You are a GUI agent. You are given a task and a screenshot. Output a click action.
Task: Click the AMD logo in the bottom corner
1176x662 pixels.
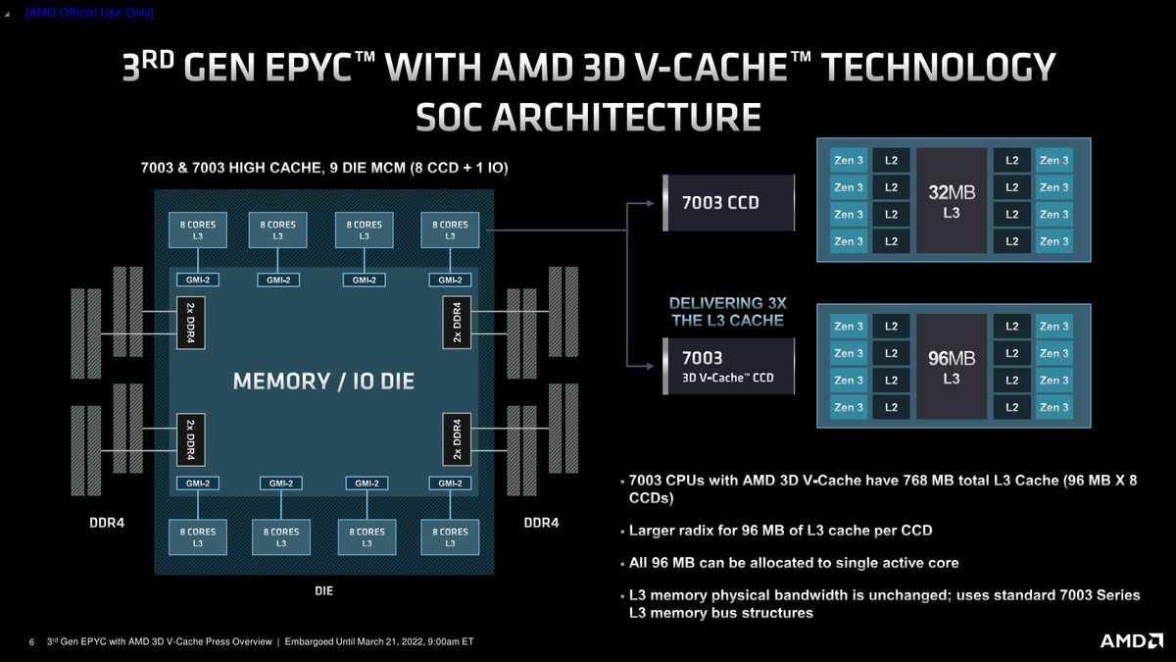pyautogui.click(x=1130, y=640)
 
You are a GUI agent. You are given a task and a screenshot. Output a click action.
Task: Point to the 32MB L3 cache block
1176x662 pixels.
pyautogui.click(x=951, y=200)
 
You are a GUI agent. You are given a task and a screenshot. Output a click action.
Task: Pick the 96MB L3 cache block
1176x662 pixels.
pyautogui.click(x=951, y=366)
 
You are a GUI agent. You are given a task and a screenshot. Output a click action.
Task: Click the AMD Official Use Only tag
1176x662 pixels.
pyautogui.click(x=89, y=13)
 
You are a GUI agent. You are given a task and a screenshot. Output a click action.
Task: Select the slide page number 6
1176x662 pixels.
pyautogui.click(x=31, y=642)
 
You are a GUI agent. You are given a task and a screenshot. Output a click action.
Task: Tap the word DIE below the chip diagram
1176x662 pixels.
pyautogui.click(x=323, y=590)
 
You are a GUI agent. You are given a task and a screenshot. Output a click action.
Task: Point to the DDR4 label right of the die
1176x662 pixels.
pyautogui.click(x=541, y=523)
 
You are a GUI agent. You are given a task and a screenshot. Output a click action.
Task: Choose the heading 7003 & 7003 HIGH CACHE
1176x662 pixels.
pyautogui.click(x=322, y=169)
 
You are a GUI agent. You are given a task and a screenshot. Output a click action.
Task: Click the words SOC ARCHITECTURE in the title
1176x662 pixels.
pyautogui.click(x=588, y=117)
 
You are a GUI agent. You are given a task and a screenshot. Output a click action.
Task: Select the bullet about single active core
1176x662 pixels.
pyautogui.click(x=793, y=563)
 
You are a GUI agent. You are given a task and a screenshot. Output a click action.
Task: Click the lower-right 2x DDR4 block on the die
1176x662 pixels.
pyautogui.click(x=457, y=437)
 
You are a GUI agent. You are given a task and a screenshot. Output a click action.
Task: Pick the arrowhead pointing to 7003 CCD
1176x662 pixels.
pyautogui.click(x=649, y=204)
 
